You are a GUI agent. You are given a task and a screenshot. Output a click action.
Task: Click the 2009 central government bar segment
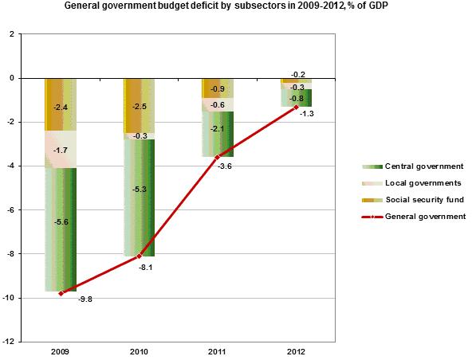coord(61,229)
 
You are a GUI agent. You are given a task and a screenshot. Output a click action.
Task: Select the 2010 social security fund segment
coord(140,106)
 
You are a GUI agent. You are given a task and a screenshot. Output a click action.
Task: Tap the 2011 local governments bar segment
coord(218,104)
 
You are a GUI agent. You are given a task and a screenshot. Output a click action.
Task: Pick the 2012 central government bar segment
coord(296,98)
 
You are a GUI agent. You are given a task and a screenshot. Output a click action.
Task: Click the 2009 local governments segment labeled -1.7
coord(61,149)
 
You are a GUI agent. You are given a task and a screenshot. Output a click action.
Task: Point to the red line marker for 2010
coord(139,256)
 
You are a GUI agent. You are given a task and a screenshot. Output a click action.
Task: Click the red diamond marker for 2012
coord(297,107)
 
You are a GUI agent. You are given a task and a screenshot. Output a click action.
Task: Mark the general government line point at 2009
coord(61,293)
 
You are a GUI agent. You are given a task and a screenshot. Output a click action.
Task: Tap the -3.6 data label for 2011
coord(224,166)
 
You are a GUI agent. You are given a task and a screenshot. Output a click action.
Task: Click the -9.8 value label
coord(85,299)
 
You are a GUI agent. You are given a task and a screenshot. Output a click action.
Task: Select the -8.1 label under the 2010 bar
coord(145,268)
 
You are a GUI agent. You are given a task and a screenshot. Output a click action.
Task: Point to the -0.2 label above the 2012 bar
coord(298,75)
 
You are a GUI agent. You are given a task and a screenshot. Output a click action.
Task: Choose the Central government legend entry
coord(413,166)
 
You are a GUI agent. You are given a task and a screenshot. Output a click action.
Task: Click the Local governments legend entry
coord(411,183)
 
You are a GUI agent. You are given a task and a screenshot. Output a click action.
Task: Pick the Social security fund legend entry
coord(413,200)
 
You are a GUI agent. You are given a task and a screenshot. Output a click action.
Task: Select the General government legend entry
coord(414,217)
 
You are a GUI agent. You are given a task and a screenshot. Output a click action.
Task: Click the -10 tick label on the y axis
coord(9,298)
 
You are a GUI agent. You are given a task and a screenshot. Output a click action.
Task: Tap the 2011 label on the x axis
coord(218,351)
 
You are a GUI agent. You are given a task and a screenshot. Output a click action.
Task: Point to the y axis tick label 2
coord(12,34)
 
